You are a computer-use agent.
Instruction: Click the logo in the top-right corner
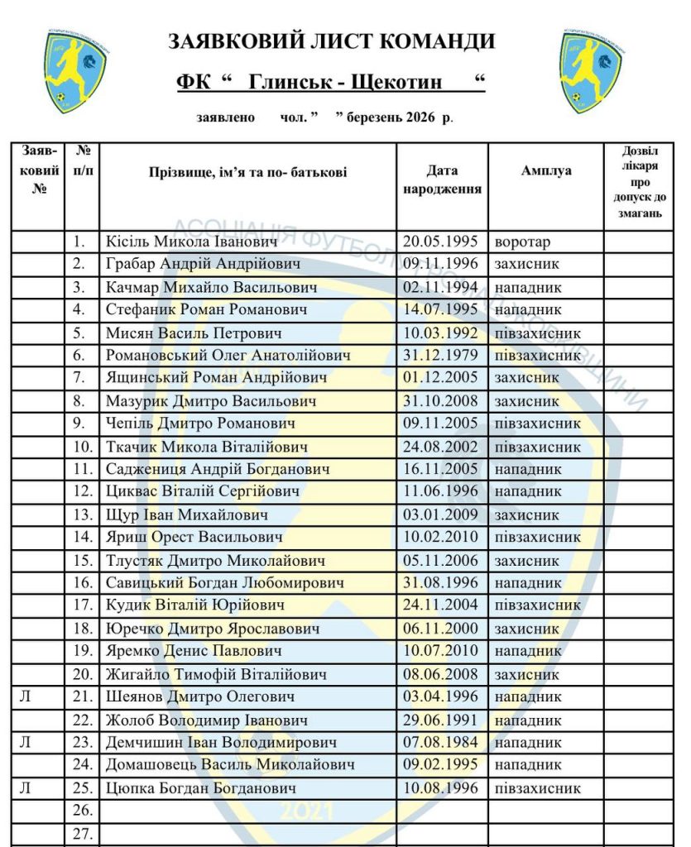590,71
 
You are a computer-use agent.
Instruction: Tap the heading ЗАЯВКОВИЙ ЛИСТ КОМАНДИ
332,41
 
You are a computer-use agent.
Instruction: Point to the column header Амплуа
545,171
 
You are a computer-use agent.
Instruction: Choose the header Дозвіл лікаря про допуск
637,183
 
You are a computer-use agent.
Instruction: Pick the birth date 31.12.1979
440,356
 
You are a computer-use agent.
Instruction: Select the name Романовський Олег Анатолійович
228,356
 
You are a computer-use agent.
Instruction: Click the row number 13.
82,514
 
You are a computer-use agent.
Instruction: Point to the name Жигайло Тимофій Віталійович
217,674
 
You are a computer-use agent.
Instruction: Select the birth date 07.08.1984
440,742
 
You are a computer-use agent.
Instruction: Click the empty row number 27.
82,833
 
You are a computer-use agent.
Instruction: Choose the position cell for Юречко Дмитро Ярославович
526,629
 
